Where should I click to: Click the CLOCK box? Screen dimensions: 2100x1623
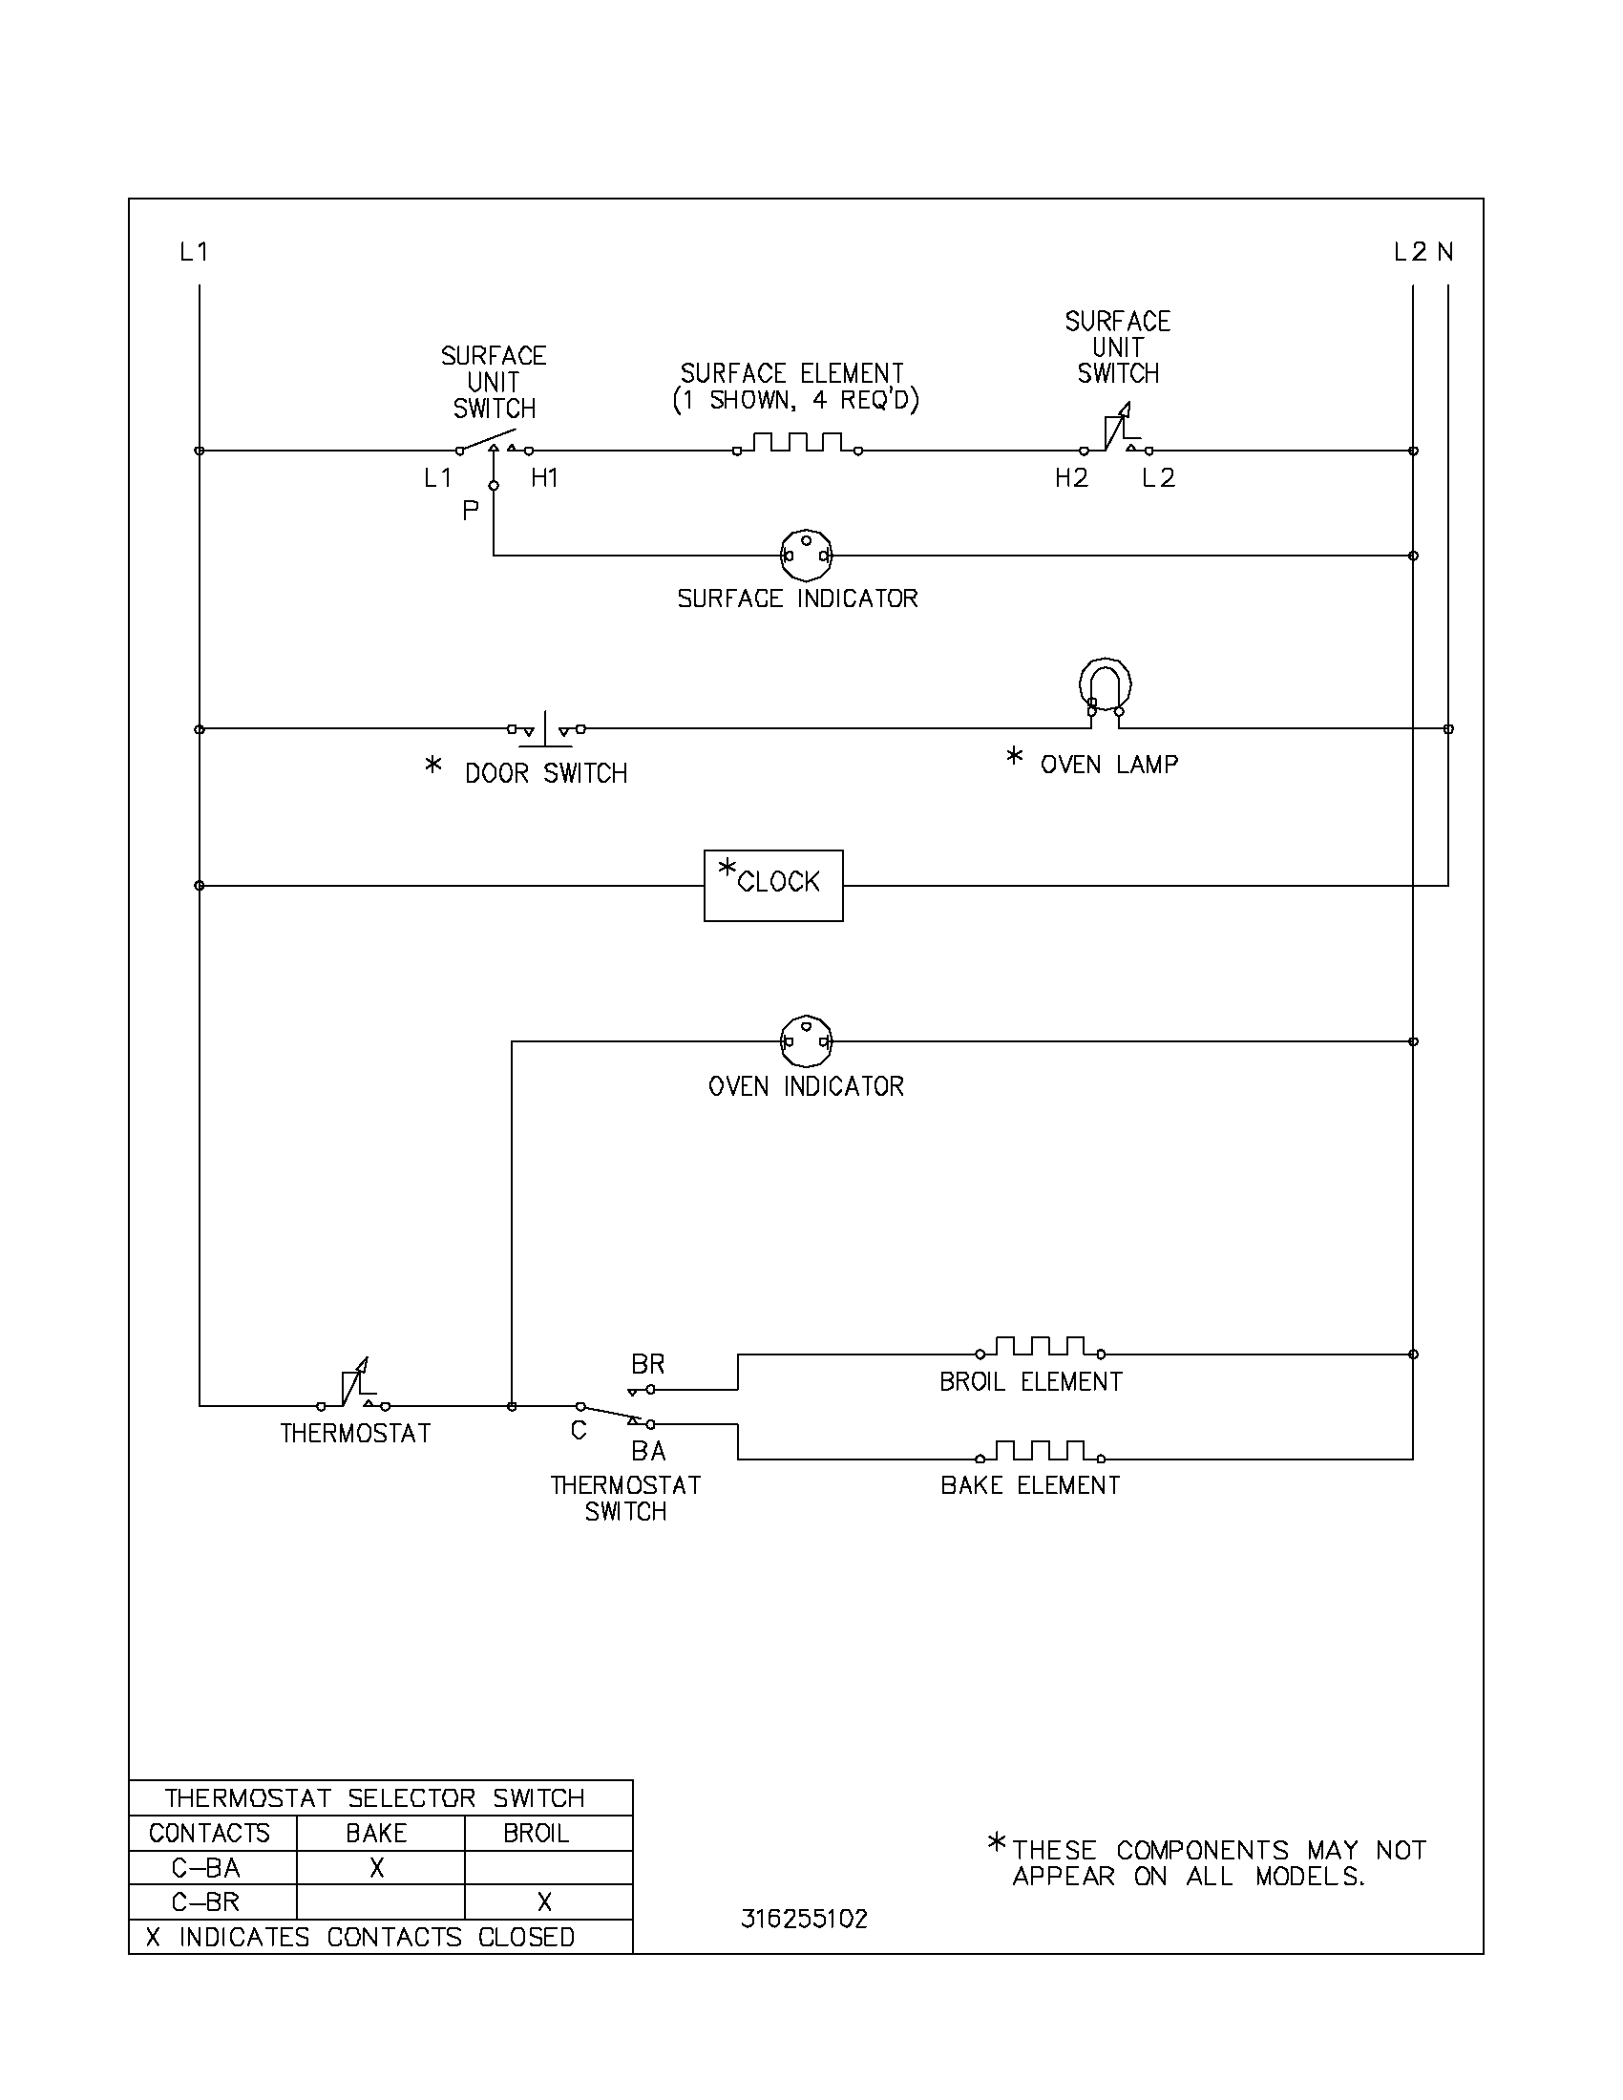pos(773,885)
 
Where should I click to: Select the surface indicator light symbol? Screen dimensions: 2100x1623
pos(806,555)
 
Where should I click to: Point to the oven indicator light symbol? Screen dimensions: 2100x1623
pos(806,1041)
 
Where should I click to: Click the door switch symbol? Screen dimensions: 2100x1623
pos(546,730)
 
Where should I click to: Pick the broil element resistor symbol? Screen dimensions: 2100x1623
pos(1041,1347)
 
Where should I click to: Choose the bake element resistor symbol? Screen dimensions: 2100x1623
pos(1041,1451)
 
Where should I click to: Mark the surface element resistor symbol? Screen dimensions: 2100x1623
pos(797,444)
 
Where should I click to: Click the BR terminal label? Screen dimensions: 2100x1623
pos(648,1363)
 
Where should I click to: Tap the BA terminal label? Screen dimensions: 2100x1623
pos(649,1450)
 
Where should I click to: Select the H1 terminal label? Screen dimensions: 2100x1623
pos(545,478)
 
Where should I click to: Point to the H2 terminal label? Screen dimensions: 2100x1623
pos(1071,478)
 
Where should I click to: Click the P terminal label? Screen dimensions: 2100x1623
pos(470,511)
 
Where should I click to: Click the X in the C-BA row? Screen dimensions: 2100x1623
pos(377,1867)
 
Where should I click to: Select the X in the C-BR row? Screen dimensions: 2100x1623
pos(544,1900)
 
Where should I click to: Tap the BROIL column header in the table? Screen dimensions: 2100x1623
pos(537,1833)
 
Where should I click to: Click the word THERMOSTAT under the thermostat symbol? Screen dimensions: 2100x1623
pos(356,1433)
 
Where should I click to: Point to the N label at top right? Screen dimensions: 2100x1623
pos(1445,252)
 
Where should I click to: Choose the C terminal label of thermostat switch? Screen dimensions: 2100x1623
pos(579,1431)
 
